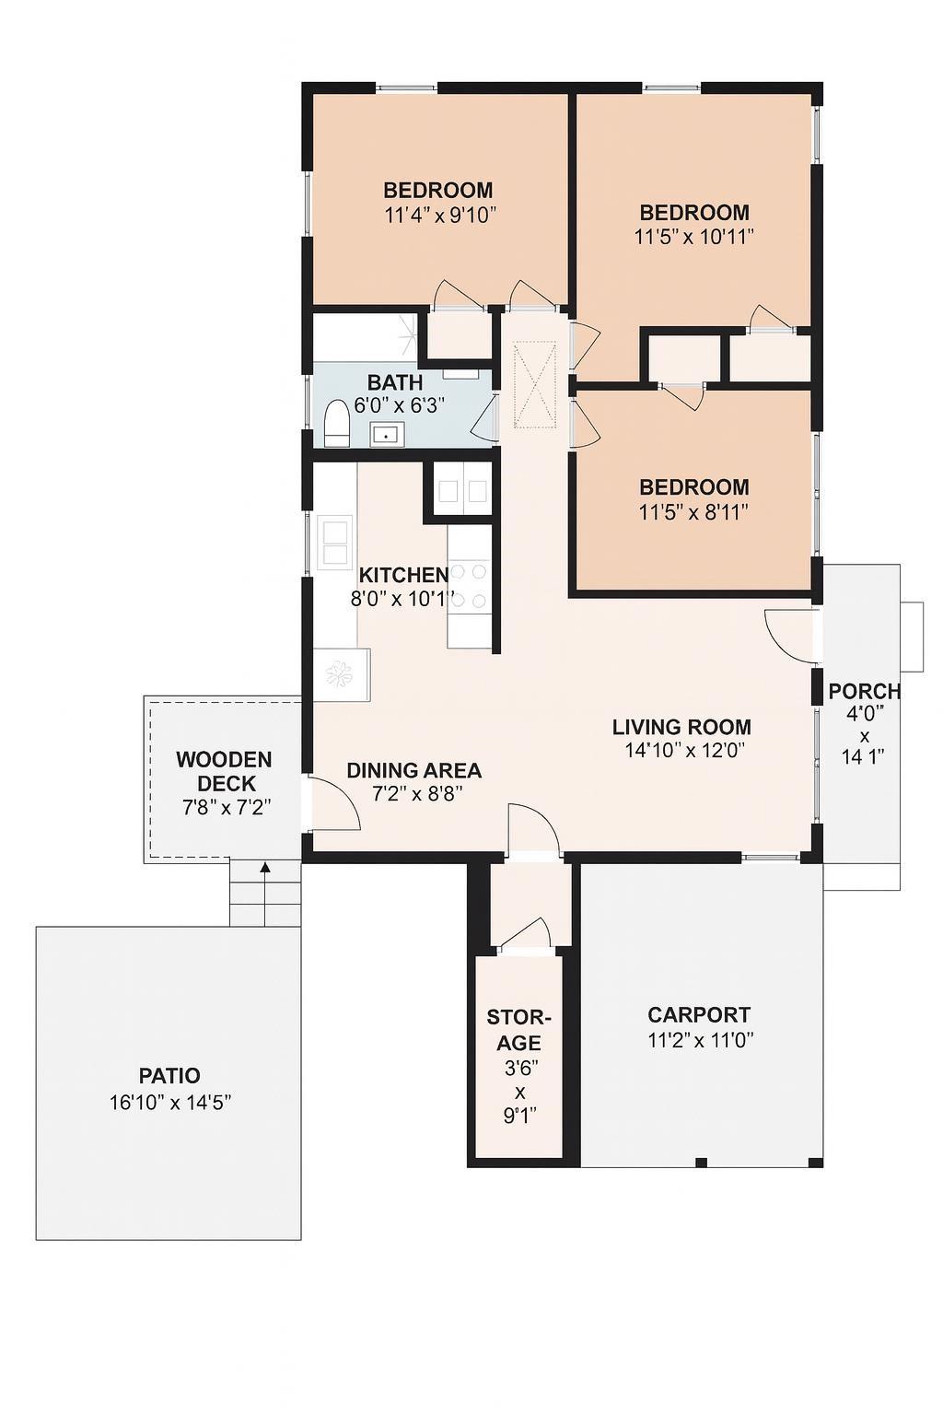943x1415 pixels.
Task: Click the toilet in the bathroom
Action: click(x=337, y=427)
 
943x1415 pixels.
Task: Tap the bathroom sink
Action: click(x=387, y=434)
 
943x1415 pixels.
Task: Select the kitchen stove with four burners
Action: click(x=469, y=587)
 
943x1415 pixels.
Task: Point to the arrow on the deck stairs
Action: click(x=265, y=868)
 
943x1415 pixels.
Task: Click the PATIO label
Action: click(x=169, y=1075)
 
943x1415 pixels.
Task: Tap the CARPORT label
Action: click(x=699, y=1015)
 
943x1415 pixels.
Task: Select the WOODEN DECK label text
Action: click(x=225, y=772)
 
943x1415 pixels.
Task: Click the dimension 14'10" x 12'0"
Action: click(x=683, y=751)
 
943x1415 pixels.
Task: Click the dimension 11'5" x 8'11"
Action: click(x=693, y=512)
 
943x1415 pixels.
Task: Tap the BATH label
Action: click(x=395, y=382)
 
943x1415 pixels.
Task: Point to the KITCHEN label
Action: click(x=403, y=576)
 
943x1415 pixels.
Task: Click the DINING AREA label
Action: click(x=413, y=770)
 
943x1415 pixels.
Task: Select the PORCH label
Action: click(x=864, y=691)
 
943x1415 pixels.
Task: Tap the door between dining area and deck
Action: click(x=333, y=804)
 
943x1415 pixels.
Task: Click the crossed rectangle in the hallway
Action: click(x=536, y=385)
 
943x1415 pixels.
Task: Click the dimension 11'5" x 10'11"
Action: click(x=693, y=237)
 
